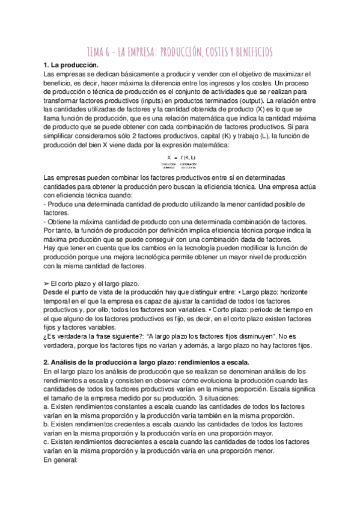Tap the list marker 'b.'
click(47, 425)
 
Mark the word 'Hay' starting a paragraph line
click(51, 247)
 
